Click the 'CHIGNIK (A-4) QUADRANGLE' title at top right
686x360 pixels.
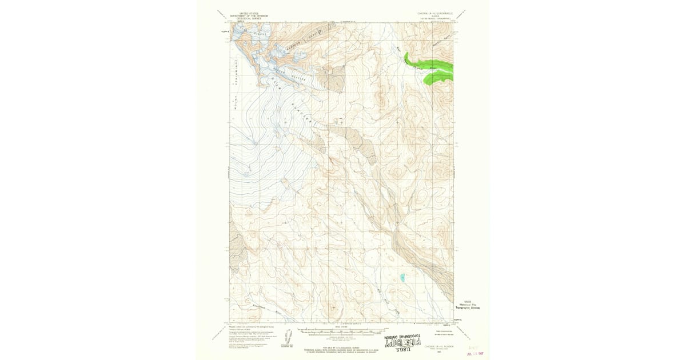point(430,13)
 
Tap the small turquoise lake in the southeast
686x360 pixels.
point(402,278)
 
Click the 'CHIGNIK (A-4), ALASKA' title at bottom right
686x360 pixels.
point(436,346)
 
